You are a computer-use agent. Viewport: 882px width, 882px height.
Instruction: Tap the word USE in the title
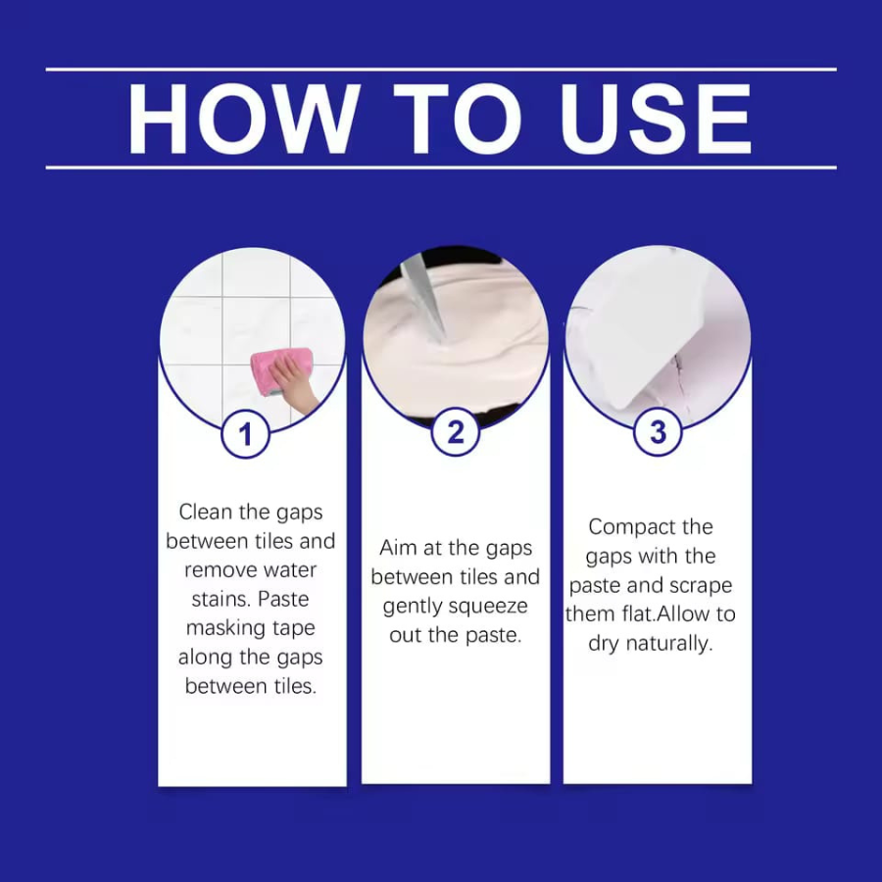pos(656,119)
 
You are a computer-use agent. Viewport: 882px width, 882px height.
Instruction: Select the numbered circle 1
pos(245,434)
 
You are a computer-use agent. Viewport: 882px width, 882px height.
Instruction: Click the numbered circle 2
pos(456,432)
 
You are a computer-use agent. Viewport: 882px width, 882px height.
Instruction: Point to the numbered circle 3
pos(659,432)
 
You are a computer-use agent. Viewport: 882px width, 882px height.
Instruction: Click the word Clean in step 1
pos(206,512)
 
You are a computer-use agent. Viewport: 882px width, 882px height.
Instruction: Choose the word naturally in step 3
pos(668,644)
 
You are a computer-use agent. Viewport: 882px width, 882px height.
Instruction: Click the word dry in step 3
pos(604,644)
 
